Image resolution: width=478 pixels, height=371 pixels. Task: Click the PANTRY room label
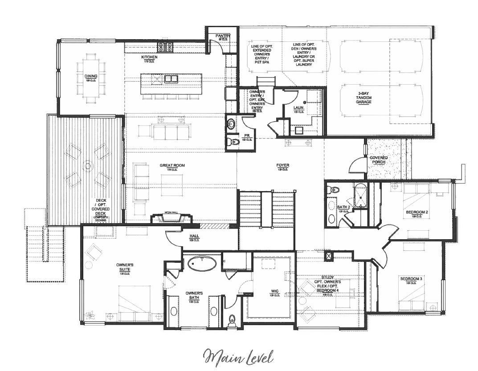(x=222, y=36)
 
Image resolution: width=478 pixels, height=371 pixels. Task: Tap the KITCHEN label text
(x=149, y=57)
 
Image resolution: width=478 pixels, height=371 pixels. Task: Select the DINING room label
(x=91, y=76)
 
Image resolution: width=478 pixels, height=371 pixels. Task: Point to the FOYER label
(x=282, y=166)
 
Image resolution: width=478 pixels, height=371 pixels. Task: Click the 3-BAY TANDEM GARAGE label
(x=364, y=98)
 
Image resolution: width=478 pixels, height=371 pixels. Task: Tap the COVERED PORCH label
(x=378, y=160)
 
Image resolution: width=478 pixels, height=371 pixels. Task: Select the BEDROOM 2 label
(x=417, y=212)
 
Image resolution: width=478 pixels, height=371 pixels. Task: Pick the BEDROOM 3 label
(x=410, y=279)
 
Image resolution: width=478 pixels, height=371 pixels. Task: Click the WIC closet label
(x=274, y=291)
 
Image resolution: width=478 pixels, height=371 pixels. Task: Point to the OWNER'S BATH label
(x=194, y=295)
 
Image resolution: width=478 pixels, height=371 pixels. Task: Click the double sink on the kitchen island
(x=171, y=79)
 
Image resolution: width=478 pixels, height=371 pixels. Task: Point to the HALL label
(x=194, y=236)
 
